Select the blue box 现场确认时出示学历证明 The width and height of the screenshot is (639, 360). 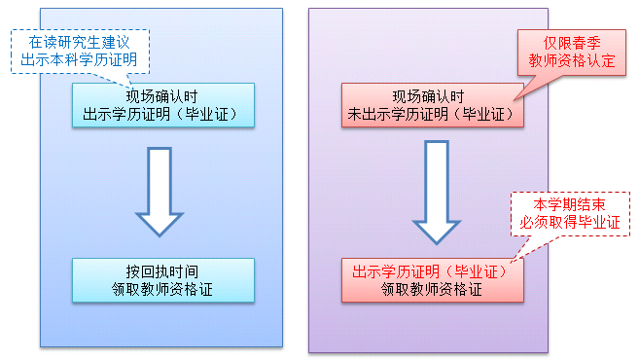tap(162, 105)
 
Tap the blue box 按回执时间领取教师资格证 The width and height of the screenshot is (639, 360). tap(162, 279)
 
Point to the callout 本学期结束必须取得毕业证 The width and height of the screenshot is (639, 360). tap(569, 213)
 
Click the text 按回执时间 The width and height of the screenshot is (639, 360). tap(162, 270)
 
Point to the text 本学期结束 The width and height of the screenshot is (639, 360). tap(569, 204)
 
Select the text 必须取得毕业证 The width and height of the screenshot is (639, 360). tap(569, 222)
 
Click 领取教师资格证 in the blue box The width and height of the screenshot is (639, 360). tap(162, 288)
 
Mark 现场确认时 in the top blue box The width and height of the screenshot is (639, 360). tap(162, 96)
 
